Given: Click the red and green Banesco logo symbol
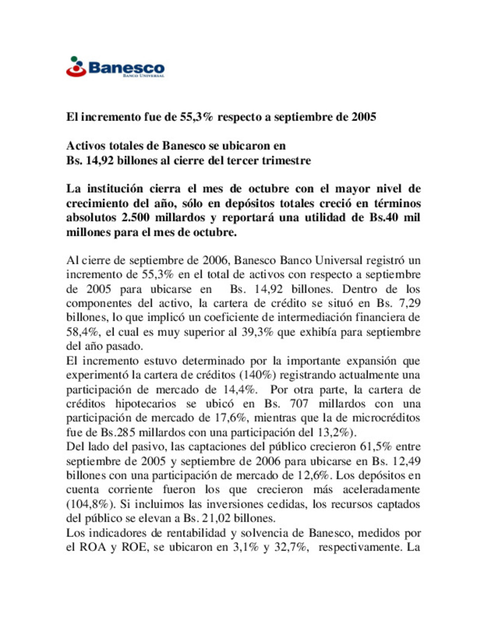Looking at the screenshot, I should click(x=76, y=67).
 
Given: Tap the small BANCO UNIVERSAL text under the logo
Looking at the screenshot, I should click(x=143, y=76).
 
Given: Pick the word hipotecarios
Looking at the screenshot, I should click(x=145, y=403).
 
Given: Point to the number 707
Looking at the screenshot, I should click(x=299, y=403).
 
